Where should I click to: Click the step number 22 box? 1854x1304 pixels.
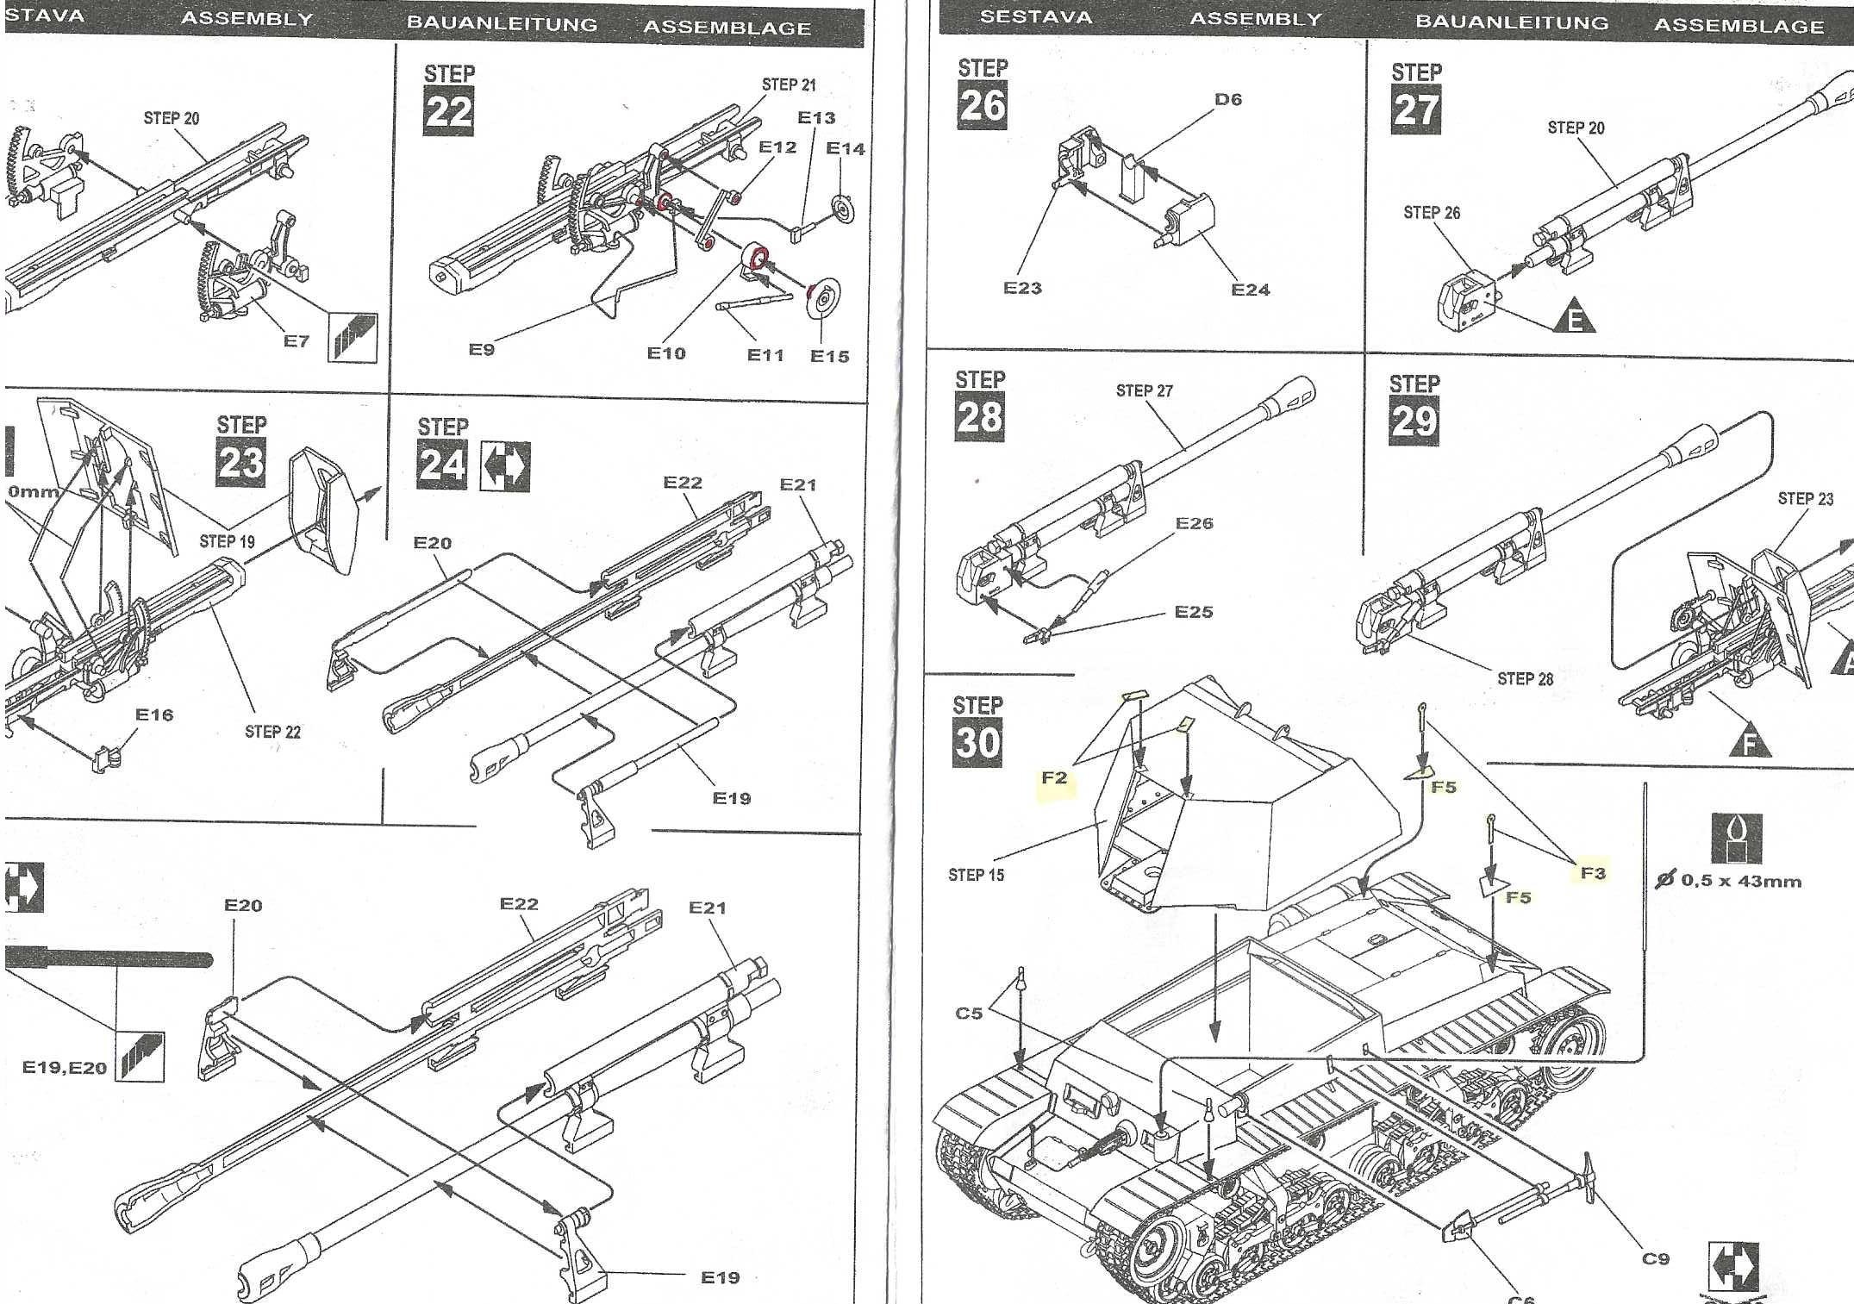(448, 112)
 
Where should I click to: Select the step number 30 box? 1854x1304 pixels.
(977, 741)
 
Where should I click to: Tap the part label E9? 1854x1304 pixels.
(481, 349)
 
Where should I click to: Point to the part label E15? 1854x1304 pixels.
(829, 356)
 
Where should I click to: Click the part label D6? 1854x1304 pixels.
(1227, 99)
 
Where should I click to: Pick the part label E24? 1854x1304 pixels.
(1250, 290)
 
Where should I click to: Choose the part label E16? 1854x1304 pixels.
(154, 714)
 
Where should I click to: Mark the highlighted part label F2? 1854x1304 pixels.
(1054, 777)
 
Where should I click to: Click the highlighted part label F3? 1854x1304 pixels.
(1593, 872)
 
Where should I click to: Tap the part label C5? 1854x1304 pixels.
(969, 1013)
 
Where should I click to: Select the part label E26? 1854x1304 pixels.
(1194, 523)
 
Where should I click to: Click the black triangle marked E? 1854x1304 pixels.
(1575, 320)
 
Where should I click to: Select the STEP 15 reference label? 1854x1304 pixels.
(976, 875)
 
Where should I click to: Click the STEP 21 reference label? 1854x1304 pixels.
(788, 84)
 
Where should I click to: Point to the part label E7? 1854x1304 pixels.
(296, 341)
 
